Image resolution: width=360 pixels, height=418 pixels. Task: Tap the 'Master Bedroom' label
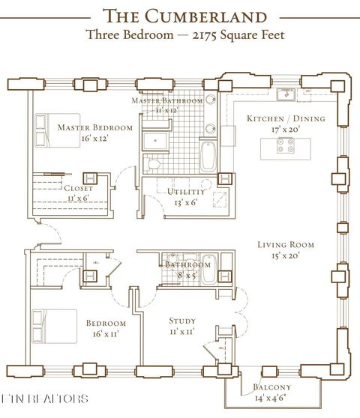pos(95,127)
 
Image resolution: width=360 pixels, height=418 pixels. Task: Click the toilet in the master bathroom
pos(152,163)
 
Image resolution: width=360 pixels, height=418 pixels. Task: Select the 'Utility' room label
pos(183,192)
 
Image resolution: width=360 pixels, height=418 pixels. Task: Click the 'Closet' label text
pos(78,189)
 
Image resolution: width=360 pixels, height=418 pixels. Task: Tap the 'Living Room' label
pos(285,244)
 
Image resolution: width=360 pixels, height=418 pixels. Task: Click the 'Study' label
pos(182,320)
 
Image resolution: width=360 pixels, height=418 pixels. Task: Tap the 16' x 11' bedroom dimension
pos(106,334)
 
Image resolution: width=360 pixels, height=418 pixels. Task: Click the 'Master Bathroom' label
pos(167,100)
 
